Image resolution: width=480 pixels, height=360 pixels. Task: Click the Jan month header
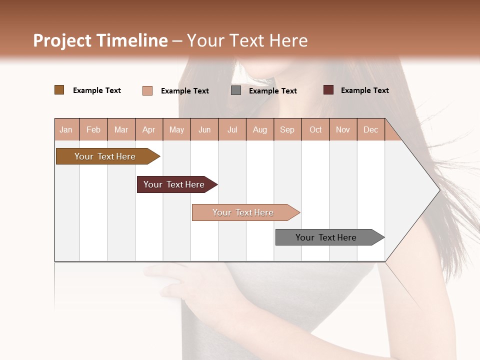point(66,129)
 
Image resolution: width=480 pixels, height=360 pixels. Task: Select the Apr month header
point(149,129)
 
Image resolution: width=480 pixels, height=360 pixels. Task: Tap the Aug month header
point(260,129)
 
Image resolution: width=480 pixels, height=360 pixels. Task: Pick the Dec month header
point(370,129)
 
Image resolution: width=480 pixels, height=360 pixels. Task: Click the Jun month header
point(204,129)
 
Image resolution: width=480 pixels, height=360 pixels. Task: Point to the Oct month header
point(315,129)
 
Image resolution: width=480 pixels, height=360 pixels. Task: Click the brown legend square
point(59,90)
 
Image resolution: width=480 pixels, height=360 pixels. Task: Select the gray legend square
point(236,90)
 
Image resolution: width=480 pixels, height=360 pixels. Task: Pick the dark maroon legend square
point(328,90)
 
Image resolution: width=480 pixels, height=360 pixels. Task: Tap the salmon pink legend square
point(147,90)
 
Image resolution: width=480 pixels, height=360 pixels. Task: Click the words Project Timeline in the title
point(100,40)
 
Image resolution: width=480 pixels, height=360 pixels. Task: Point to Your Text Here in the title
point(247,40)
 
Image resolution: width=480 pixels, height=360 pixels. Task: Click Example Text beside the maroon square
point(364,90)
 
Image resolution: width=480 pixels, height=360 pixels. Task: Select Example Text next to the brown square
point(97,90)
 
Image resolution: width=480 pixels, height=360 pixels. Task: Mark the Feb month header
point(93,129)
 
